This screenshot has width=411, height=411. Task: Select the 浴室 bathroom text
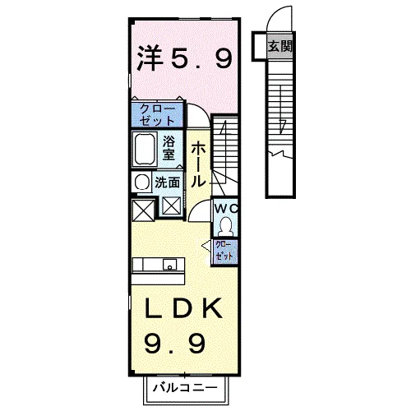pos(168,147)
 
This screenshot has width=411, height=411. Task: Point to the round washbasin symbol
pos(141,182)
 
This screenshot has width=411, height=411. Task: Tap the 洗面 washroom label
pos(168,182)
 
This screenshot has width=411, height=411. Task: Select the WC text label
pos(225,209)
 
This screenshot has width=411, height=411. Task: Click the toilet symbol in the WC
pos(226,224)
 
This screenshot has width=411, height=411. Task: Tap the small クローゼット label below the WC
pos(224,251)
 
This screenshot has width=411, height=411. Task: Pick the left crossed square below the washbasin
pos(141,209)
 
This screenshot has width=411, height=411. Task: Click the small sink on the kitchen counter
pos(169,265)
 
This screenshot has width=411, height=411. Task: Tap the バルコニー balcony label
pos(182,386)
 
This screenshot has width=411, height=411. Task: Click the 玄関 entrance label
pos(279,46)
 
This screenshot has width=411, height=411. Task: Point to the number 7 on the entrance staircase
pos(282,125)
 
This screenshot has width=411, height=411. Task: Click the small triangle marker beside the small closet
pos(205,244)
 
